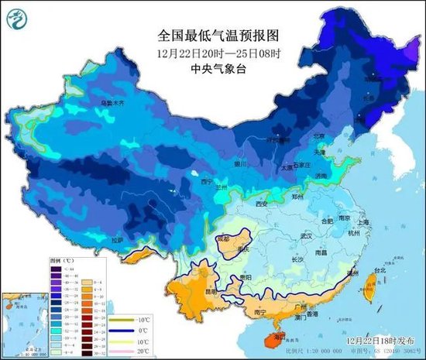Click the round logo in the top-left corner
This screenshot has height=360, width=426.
(x=21, y=20)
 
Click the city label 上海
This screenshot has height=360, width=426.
(x=369, y=222)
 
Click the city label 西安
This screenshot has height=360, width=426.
(x=261, y=204)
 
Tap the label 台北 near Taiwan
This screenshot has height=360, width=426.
(x=379, y=271)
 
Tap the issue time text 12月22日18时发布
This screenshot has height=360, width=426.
(x=375, y=340)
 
